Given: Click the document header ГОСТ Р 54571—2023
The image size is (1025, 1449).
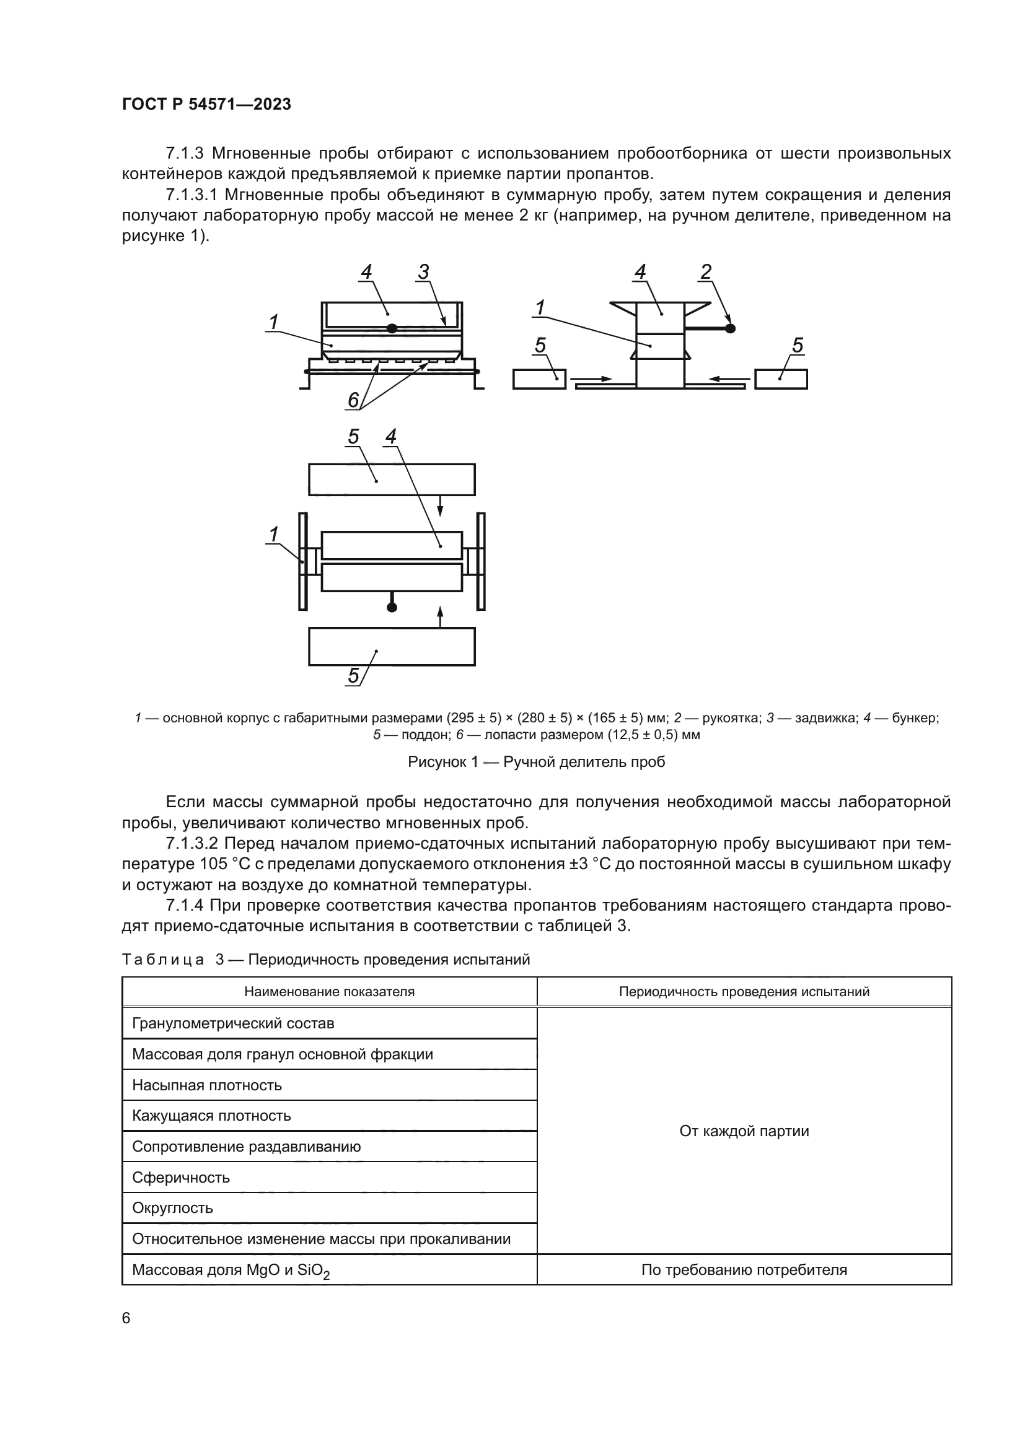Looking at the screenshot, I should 206,105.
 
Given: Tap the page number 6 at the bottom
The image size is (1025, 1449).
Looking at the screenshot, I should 126,1318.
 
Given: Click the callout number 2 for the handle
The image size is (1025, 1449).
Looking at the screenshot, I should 706,272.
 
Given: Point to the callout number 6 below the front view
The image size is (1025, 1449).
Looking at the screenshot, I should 353,400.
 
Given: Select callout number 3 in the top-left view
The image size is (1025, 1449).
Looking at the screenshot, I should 423,272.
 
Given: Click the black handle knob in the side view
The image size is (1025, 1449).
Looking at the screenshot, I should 730,328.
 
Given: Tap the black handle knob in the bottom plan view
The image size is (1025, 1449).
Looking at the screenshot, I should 392,607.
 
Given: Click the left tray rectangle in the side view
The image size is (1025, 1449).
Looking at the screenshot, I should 539,379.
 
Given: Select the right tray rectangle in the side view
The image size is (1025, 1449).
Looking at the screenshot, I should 781,379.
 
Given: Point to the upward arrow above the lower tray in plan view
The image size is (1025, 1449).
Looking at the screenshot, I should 441,616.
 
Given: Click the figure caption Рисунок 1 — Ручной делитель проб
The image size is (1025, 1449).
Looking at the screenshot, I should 536,762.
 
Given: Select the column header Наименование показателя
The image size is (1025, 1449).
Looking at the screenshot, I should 329,991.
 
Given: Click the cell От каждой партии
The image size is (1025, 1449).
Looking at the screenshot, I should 744,1131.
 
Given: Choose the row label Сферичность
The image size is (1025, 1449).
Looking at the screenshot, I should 180,1178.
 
